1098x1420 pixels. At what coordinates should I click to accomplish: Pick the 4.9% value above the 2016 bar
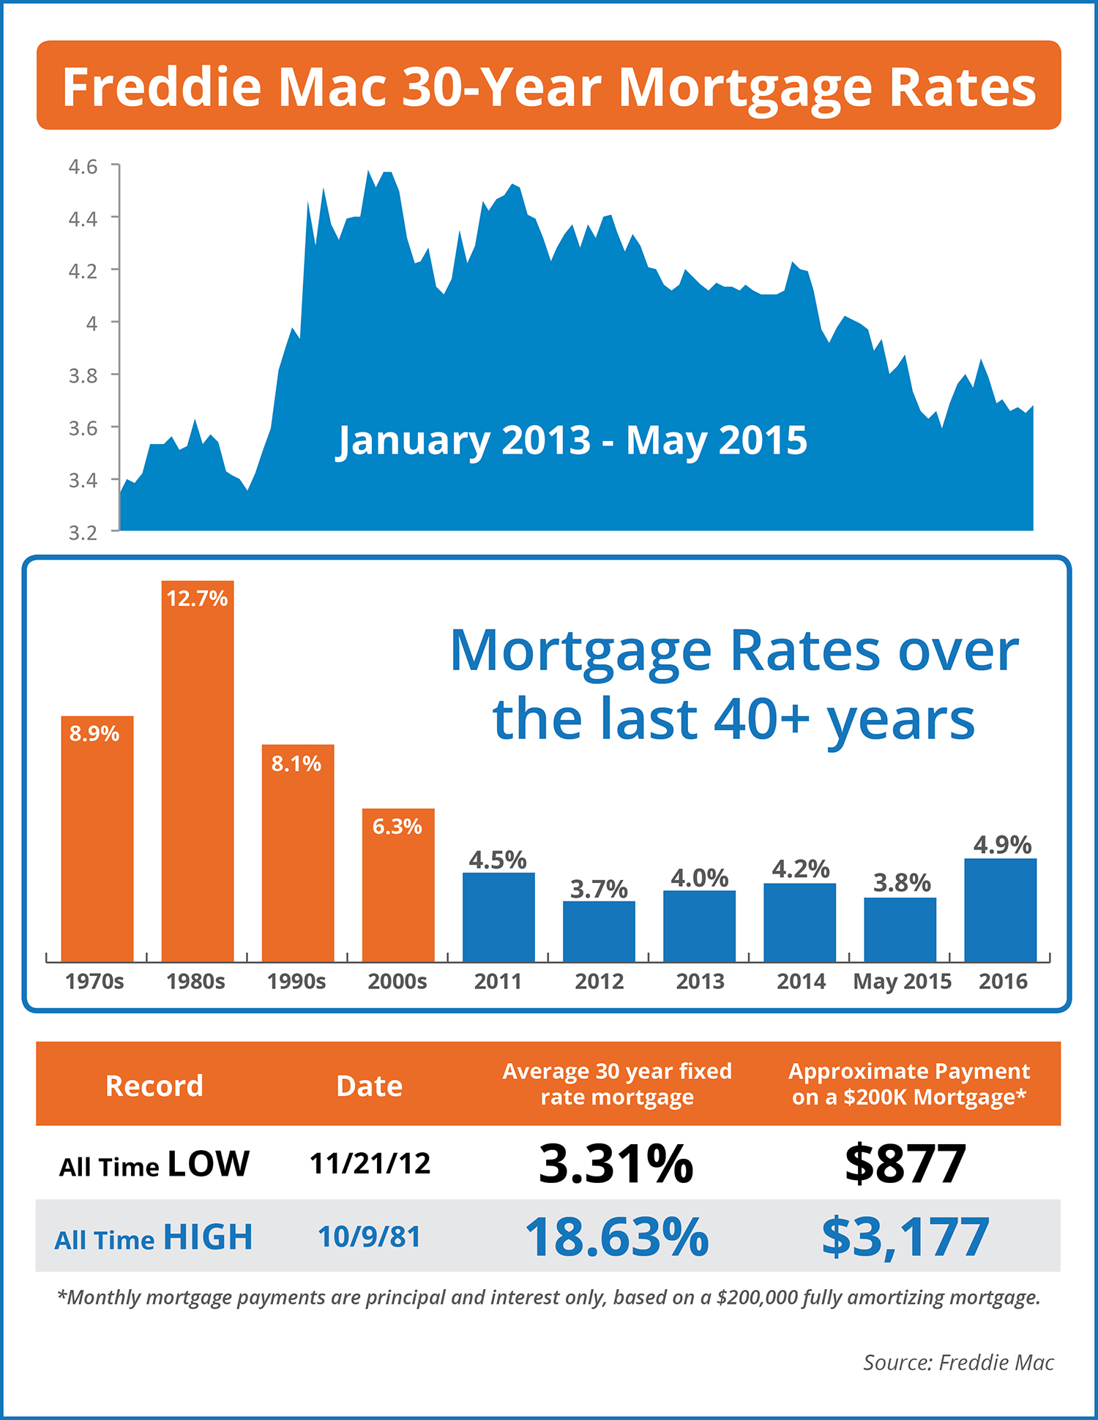(x=1002, y=845)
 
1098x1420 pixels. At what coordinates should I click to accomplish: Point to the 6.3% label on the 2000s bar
(x=397, y=827)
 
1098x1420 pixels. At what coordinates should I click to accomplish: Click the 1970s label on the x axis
(x=94, y=981)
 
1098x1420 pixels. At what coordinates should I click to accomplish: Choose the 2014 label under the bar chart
(x=801, y=981)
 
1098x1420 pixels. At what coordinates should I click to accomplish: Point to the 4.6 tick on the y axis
(x=83, y=167)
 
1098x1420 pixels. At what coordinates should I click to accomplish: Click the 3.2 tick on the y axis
(x=83, y=533)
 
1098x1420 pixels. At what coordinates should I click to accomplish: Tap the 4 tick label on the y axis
(x=91, y=323)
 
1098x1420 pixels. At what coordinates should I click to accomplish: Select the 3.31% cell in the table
(x=616, y=1163)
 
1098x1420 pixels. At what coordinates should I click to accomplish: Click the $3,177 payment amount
(x=905, y=1237)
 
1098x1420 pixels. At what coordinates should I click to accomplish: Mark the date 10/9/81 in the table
(x=370, y=1237)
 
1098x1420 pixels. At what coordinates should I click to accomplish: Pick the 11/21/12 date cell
(x=370, y=1163)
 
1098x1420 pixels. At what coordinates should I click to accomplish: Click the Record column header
(x=154, y=1086)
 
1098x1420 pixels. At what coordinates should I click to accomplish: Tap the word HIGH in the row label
(x=208, y=1237)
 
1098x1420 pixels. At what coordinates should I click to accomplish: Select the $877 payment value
(x=905, y=1163)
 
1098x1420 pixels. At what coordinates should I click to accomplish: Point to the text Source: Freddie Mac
(x=958, y=1362)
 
